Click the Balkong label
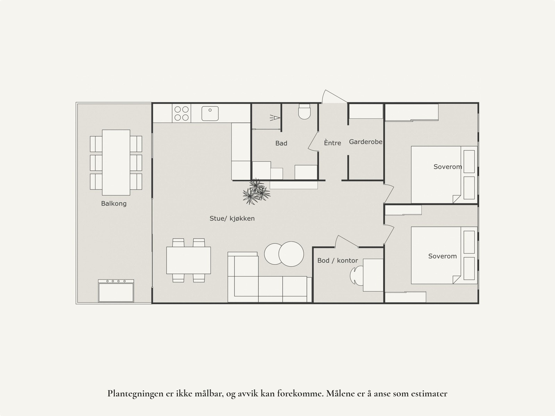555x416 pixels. click(114, 203)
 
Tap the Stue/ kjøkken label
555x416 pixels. click(232, 218)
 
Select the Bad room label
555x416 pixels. click(281, 143)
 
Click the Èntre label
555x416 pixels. click(333, 143)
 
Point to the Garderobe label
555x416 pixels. click(366, 142)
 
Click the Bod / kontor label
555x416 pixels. click(338, 260)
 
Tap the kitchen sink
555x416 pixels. click(210, 113)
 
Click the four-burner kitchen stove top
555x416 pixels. click(181, 113)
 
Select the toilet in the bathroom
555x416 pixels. click(304, 111)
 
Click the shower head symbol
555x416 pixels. click(274, 118)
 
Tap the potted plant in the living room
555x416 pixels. click(256, 192)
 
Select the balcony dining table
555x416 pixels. click(116, 162)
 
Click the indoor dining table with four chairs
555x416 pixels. click(188, 260)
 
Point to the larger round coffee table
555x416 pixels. click(291, 254)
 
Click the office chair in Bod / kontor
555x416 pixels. click(356, 276)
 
